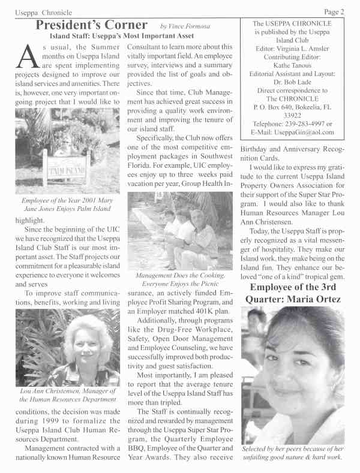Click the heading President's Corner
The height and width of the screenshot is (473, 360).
91,25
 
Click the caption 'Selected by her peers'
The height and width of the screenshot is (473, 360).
292,453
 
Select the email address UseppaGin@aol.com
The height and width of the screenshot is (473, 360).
310,132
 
